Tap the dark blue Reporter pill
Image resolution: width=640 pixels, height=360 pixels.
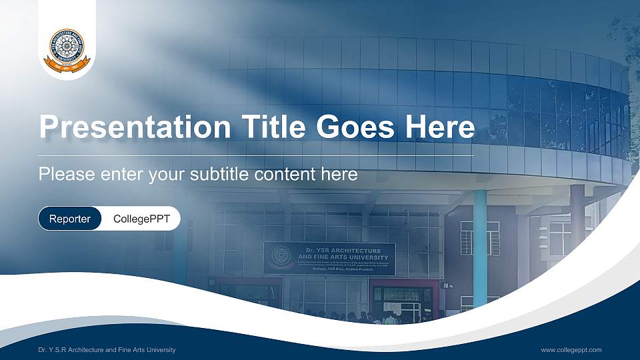pos(70,219)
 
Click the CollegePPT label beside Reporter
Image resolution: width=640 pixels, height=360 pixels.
pos(141,219)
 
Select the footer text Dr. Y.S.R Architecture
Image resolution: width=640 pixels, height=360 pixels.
pos(80,350)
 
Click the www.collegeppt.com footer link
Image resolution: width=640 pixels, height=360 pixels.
pos(571,350)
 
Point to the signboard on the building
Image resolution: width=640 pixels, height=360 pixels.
pos(329,259)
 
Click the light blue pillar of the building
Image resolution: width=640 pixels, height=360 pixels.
pos(479,247)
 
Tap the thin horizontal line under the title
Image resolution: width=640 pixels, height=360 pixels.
pos(257,155)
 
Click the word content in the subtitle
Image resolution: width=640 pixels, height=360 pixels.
pos(283,175)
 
